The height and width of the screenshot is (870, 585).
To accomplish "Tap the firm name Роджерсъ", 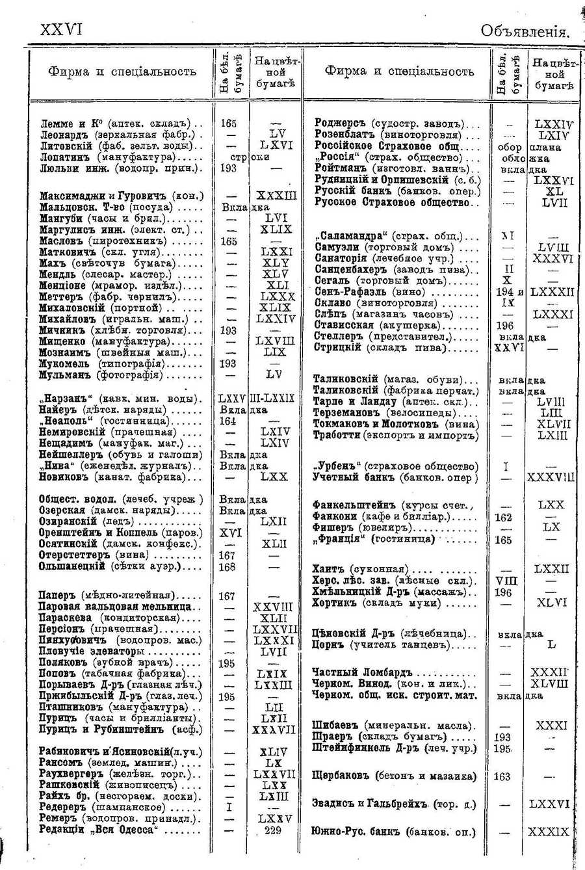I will (x=338, y=124).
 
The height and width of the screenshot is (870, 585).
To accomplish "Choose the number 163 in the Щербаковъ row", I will (x=502, y=776).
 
